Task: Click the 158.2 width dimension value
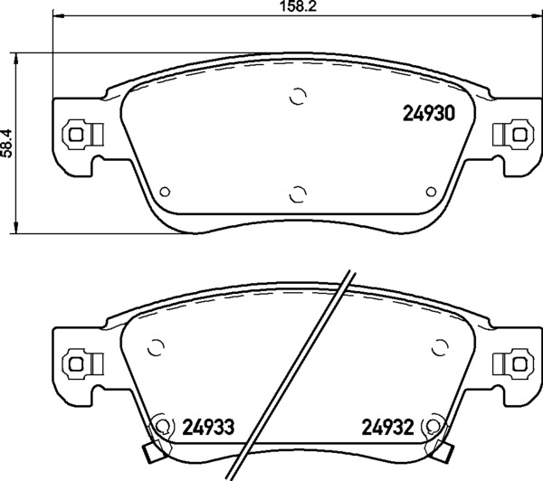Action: [298, 6]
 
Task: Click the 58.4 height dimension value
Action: [6, 143]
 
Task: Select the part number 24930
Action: [429, 114]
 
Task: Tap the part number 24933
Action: [208, 427]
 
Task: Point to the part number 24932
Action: [388, 427]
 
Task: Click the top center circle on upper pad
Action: [298, 96]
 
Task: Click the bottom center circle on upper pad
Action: [298, 194]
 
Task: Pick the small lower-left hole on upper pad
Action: [165, 192]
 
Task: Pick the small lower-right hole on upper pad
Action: [431, 192]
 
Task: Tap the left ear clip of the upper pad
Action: [83, 135]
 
